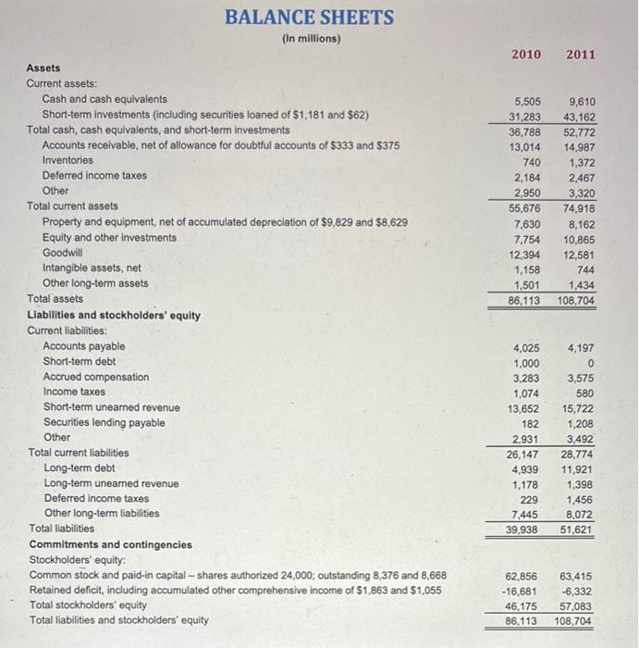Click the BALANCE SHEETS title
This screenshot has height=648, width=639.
[309, 18]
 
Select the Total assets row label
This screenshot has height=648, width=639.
[55, 299]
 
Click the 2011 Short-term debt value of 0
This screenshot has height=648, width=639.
[590, 362]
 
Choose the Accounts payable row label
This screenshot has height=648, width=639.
[84, 346]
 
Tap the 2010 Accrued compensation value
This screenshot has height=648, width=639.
[524, 377]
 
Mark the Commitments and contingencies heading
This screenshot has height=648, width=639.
[111, 544]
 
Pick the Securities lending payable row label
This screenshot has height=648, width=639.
[104, 423]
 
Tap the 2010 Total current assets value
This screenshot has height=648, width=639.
[522, 206]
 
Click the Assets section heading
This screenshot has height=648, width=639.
[43, 68]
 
